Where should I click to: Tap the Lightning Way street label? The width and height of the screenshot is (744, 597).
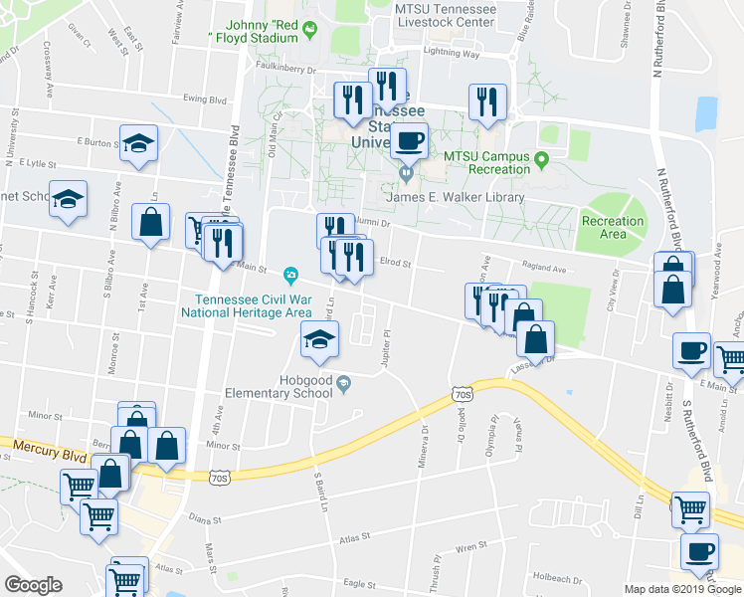pyautogui.click(x=452, y=54)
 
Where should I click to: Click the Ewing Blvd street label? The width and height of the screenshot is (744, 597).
pyautogui.click(x=205, y=99)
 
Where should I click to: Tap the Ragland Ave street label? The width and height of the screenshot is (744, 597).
pyautogui.click(x=543, y=268)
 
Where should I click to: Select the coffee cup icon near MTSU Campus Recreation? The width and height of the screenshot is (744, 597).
pyautogui.click(x=409, y=141)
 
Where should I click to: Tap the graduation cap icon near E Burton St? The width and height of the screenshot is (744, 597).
pyautogui.click(x=139, y=143)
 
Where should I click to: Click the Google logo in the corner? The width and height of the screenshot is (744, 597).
pyautogui.click(x=33, y=585)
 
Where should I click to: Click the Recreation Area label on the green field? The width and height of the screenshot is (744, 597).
pyautogui.click(x=613, y=228)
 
